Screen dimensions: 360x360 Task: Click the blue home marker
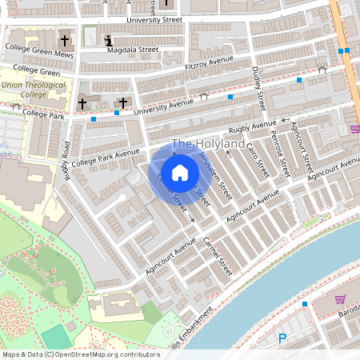click(x=180, y=173)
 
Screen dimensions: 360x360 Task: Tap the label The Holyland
click(x=209, y=144)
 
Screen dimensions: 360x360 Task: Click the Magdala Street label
click(x=133, y=50)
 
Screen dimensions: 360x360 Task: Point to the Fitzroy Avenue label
click(x=208, y=62)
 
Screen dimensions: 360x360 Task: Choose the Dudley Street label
click(x=258, y=89)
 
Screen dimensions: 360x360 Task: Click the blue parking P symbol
click(x=282, y=339)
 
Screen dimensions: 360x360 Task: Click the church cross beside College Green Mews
click(x=65, y=39)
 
